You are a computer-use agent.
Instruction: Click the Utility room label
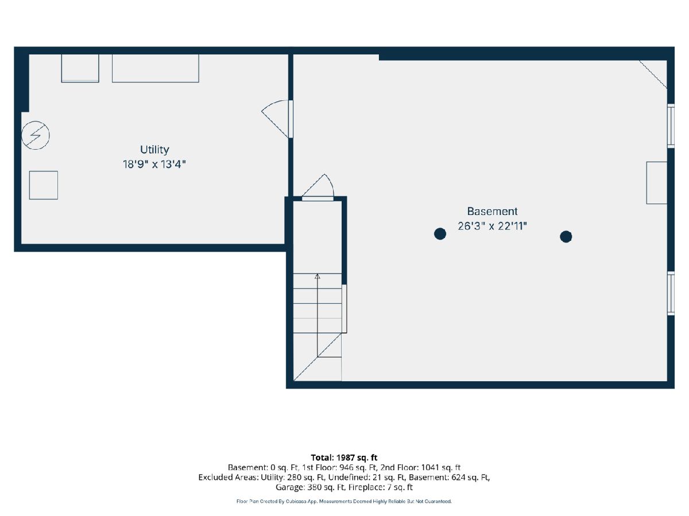tap(154, 150)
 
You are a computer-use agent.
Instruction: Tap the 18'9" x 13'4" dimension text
tap(154, 164)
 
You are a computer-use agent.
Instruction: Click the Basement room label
tap(492, 211)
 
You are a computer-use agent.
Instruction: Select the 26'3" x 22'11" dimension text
tap(492, 226)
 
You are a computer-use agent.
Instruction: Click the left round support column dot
tap(440, 234)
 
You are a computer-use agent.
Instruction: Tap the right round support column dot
tap(566, 237)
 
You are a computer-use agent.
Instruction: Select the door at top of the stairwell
tap(318, 188)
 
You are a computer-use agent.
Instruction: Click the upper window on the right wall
tap(671, 126)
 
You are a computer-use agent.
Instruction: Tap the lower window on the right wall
tap(671, 293)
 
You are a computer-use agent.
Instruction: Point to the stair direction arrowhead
tap(318, 276)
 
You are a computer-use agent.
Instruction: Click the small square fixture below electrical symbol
tap(44, 185)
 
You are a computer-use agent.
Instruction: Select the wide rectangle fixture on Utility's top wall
tap(156, 68)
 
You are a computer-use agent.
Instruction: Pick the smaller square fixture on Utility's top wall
tap(80, 68)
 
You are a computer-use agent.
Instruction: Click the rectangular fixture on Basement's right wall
tap(657, 183)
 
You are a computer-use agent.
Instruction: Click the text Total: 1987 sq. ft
tap(344, 458)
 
